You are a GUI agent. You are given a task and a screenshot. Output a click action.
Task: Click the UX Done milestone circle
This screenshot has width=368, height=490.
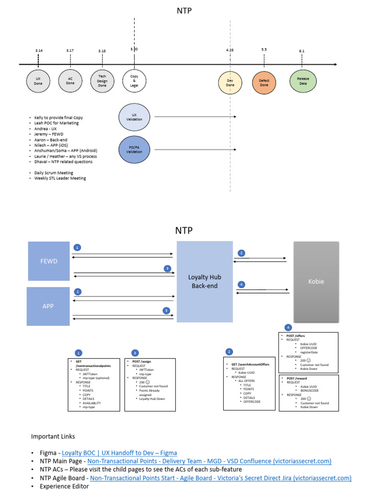(38, 81)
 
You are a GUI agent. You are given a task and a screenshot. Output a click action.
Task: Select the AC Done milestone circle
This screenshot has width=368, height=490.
(70, 81)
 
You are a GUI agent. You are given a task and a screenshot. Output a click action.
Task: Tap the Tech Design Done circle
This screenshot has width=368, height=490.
(103, 81)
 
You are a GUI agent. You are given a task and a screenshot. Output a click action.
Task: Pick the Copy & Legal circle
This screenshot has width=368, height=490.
(134, 81)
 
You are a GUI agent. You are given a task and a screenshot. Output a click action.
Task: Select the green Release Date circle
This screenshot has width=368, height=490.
(303, 81)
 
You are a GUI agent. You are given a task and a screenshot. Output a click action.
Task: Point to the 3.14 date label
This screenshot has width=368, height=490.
(39, 50)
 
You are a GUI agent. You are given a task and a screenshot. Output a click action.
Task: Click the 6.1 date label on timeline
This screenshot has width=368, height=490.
(301, 51)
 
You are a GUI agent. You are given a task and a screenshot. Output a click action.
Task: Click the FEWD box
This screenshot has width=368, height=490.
(48, 261)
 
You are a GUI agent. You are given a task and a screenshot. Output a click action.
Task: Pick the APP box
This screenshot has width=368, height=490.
(48, 306)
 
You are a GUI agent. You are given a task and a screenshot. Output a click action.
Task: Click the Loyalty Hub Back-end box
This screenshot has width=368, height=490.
(205, 281)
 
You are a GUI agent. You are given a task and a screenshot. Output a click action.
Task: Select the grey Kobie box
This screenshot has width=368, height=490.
(316, 281)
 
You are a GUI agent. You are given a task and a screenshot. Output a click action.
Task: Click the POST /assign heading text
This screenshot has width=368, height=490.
(141, 361)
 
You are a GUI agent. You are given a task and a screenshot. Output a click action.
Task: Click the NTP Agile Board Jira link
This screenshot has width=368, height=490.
(220, 478)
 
